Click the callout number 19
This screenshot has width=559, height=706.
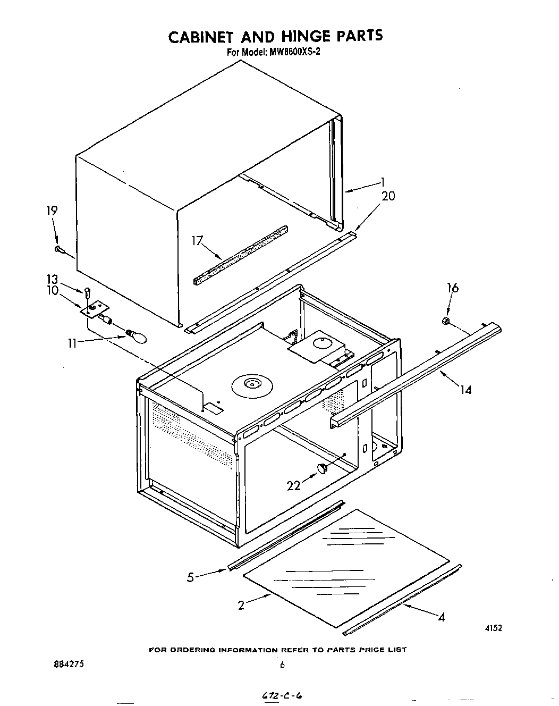point(52,211)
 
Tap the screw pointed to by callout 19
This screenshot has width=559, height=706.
point(59,249)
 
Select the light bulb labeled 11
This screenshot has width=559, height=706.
point(136,335)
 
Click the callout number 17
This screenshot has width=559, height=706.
point(198,241)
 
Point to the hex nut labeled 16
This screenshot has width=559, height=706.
point(446,321)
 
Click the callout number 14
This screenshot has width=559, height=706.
point(465,390)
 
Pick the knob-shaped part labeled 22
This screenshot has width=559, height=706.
point(323,467)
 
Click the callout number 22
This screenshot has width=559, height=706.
point(294,485)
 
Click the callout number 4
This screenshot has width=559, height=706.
point(441,617)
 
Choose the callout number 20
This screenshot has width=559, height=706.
point(388,196)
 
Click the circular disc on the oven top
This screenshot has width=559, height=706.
point(249,384)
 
